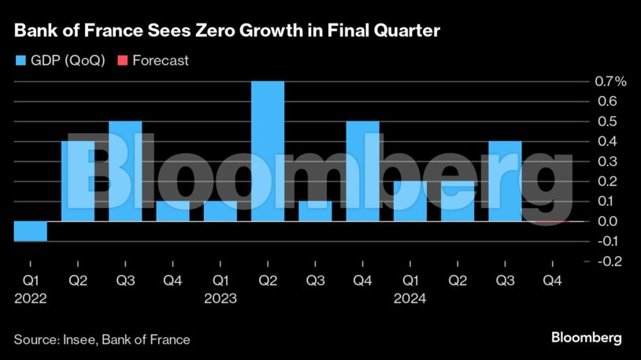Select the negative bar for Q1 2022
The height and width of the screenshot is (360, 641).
point(30,231)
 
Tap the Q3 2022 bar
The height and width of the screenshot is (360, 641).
point(125,171)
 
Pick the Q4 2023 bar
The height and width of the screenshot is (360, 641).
point(362,171)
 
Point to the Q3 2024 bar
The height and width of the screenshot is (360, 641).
point(505,181)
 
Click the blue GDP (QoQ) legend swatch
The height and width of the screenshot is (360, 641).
point(20,60)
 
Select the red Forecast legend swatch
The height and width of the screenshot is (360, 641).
point(121,60)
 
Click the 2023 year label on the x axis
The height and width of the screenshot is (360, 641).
point(220,299)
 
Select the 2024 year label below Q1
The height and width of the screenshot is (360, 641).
point(410,299)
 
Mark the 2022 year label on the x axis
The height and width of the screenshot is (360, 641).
point(30,299)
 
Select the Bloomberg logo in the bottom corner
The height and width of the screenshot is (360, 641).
point(586,338)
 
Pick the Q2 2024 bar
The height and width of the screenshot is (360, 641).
point(458,201)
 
